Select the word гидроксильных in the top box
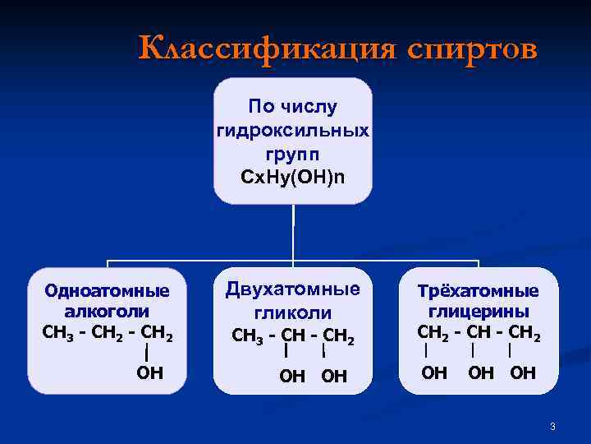[x=293, y=131]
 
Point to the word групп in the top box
[x=293, y=154]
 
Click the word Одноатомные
[x=108, y=290]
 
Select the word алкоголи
[x=108, y=312]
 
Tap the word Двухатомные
[x=293, y=289]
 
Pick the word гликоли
[x=293, y=313]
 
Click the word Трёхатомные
[x=479, y=291]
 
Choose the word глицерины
[x=479, y=312]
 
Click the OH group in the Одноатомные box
[x=149, y=373]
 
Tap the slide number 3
[x=553, y=426]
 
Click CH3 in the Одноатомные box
[x=56, y=333]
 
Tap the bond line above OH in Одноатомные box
[x=145, y=353]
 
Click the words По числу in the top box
[x=293, y=107]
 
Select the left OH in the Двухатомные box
[x=292, y=377]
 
